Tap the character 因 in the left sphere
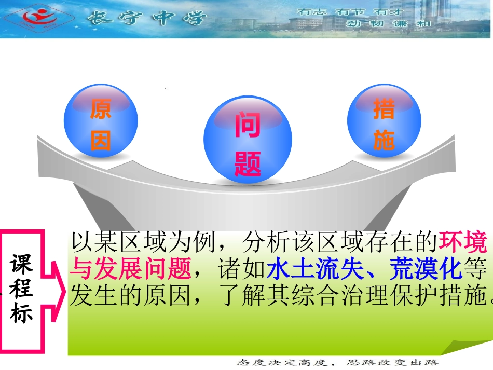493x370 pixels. (x=101, y=140)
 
